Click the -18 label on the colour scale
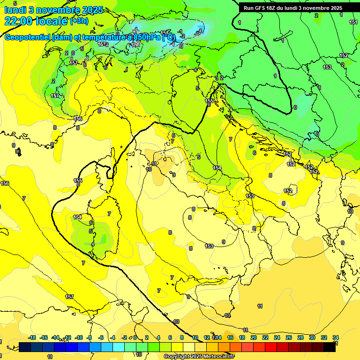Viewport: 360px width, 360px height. (32, 337)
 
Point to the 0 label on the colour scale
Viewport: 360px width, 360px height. (135, 337)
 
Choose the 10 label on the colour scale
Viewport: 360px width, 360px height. (195, 337)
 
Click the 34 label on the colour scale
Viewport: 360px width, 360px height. (336, 337)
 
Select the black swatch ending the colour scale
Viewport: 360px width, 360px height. (330, 347)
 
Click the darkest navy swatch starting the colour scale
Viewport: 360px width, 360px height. (25, 347)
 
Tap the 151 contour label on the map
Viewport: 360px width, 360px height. (353, 22)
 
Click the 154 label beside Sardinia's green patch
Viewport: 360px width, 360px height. (77, 217)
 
